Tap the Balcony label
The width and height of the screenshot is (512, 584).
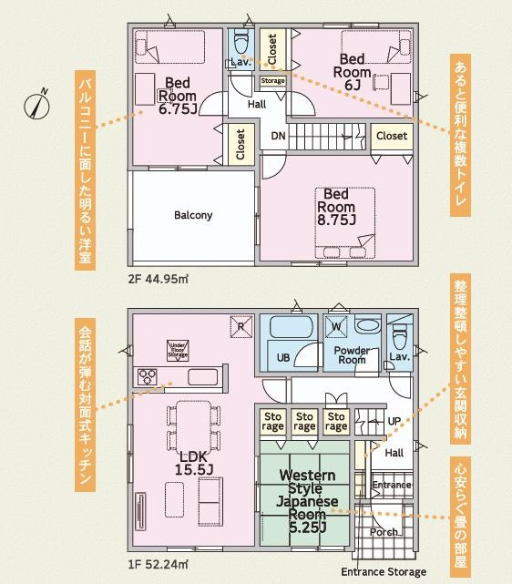[x=192, y=216]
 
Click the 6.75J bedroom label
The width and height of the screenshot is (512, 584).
[x=178, y=94]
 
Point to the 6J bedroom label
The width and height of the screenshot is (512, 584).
[x=352, y=71]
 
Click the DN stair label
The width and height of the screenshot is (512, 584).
[x=278, y=138]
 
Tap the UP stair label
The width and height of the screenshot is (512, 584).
[x=394, y=422]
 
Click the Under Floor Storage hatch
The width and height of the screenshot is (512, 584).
[x=178, y=350]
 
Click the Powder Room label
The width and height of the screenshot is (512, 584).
[x=351, y=354]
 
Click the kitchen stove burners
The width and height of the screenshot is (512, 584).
[x=148, y=376]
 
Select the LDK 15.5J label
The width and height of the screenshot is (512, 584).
[x=193, y=462]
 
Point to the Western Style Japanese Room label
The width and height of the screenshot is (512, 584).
[x=307, y=502]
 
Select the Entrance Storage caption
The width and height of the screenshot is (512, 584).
[x=384, y=572]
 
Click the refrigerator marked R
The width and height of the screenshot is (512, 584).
[x=240, y=325]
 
